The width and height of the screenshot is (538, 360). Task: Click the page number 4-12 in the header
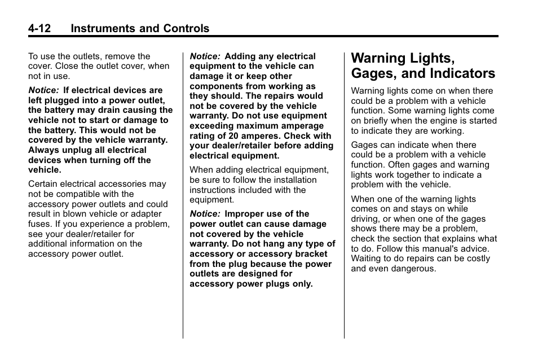pyautogui.click(x=43, y=28)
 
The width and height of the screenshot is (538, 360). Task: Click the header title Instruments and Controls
pyautogui.click(x=140, y=28)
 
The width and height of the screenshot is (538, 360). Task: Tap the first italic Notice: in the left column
pyautogui.click(x=44, y=90)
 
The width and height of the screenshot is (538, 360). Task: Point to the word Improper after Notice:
pyautogui.click(x=245, y=214)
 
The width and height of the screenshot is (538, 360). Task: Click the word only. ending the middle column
pyautogui.click(x=302, y=284)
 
